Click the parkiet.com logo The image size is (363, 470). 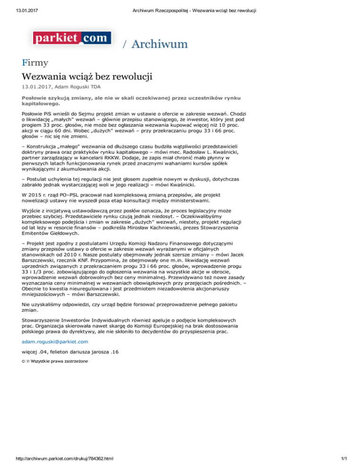(x=72, y=37)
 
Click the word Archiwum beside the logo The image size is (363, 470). (x=160, y=44)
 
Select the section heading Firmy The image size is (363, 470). (x=36, y=62)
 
